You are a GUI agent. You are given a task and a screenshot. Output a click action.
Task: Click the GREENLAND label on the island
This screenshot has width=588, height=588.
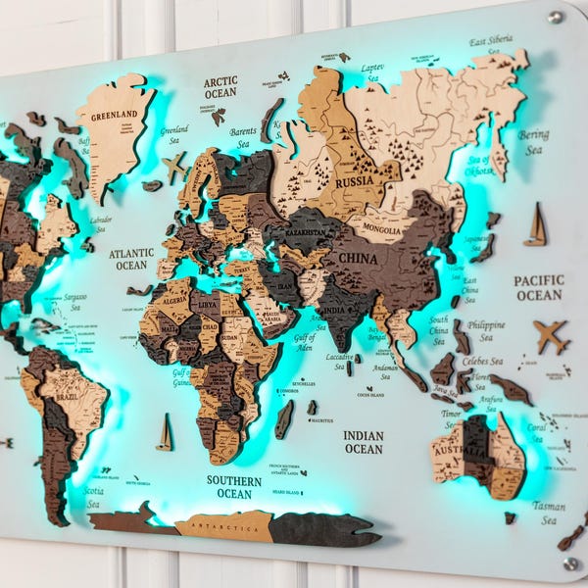pyautogui.click(x=114, y=114)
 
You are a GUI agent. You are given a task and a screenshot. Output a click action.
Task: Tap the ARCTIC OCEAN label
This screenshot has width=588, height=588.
pyautogui.click(x=220, y=87)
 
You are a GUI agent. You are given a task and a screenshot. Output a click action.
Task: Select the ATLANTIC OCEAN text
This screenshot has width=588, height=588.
pyautogui.click(x=131, y=259)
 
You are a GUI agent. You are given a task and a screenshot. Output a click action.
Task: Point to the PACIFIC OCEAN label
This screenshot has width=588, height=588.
pyautogui.click(x=539, y=287)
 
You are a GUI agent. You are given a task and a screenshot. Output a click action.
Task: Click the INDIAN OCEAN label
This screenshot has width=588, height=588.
pyautogui.click(x=364, y=442)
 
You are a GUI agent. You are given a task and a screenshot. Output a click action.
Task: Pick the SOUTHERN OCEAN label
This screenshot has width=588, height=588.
pyautogui.click(x=234, y=487)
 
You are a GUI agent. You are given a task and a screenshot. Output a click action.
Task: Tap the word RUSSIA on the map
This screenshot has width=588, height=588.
pyautogui.click(x=354, y=182)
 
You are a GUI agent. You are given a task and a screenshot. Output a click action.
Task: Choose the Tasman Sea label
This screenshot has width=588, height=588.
pyautogui.click(x=549, y=514)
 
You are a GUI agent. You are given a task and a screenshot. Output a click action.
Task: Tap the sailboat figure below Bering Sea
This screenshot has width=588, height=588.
pyautogui.click(x=536, y=224)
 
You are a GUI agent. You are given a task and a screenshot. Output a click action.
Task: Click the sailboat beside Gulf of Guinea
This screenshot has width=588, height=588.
pyautogui.click(x=165, y=432)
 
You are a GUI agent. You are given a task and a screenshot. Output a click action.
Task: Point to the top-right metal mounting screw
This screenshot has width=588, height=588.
pyautogui.click(x=556, y=17)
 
